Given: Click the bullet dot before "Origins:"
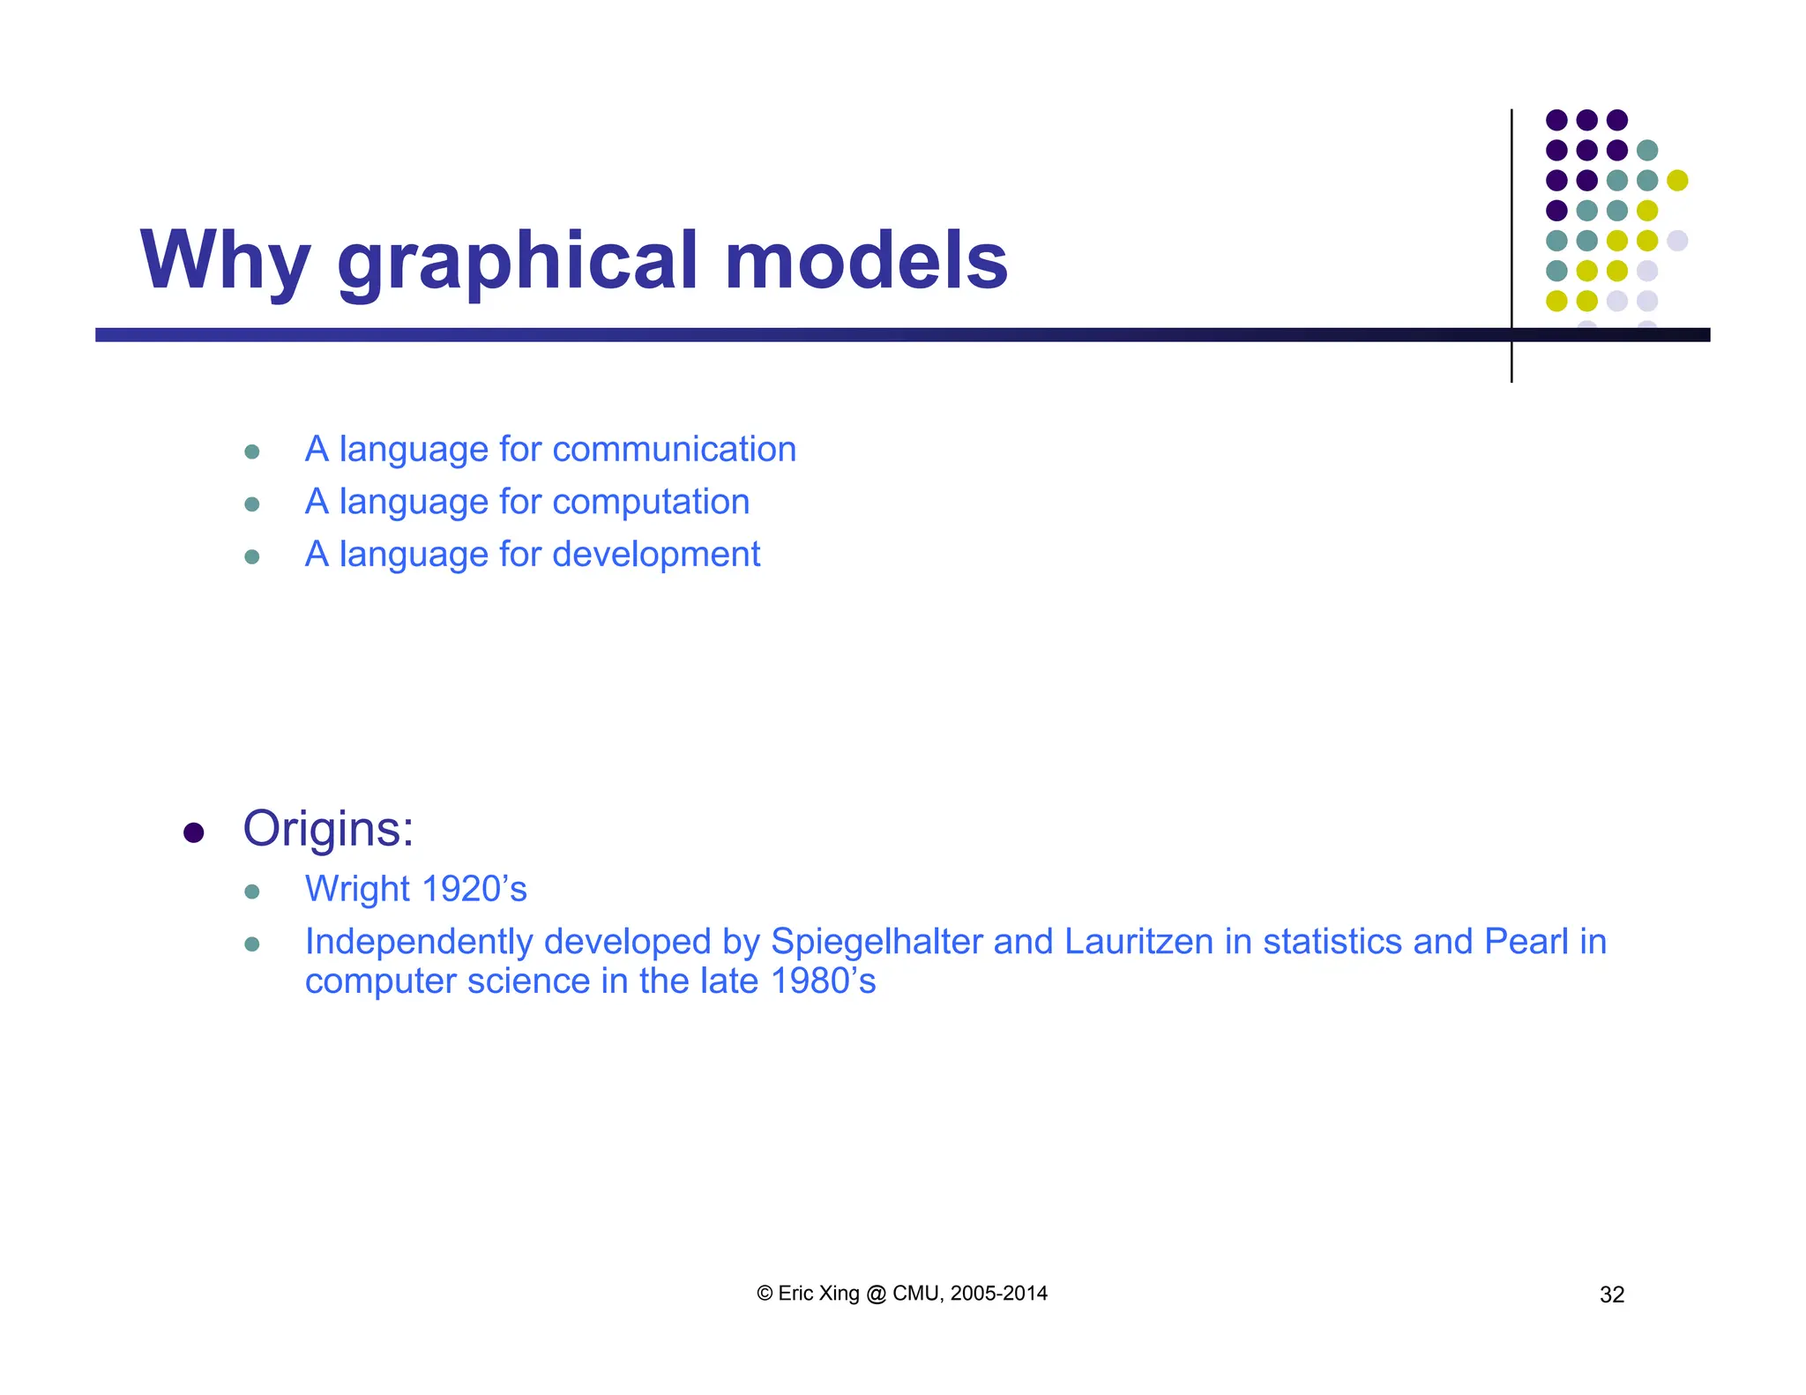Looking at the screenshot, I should click(194, 832).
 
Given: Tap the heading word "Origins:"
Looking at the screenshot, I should click(328, 829).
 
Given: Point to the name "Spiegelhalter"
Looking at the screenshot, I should click(877, 942).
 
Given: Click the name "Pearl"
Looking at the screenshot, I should click(1526, 942).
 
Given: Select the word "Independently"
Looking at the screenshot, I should click(420, 942).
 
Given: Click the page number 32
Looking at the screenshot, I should click(1611, 1294).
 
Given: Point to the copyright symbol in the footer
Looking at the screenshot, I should click(765, 1294).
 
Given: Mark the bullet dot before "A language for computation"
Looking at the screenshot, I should click(252, 504).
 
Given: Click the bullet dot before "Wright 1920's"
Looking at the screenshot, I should click(252, 891).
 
